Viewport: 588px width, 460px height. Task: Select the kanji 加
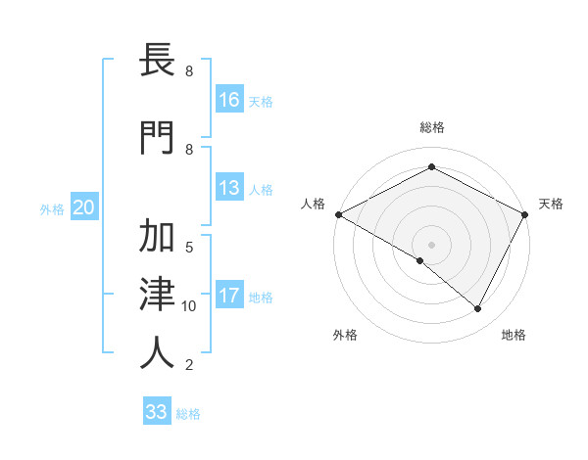157,239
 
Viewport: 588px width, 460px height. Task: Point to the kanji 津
157,295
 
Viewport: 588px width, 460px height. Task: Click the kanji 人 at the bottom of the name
157,352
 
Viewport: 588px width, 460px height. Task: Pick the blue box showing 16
229,100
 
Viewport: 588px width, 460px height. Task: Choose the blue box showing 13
229,188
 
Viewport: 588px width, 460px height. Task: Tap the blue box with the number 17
229,296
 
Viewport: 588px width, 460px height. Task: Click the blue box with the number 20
84,207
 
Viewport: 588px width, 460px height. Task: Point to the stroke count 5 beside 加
189,247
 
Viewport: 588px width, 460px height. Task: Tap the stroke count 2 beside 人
188,365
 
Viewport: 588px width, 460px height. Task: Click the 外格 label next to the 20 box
52,208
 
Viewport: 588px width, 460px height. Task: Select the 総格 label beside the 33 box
188,414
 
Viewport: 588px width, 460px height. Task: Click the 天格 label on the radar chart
551,204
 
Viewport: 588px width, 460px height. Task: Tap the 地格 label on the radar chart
514,335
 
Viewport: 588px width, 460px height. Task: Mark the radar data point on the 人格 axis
338,214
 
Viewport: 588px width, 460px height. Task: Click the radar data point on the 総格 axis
431,167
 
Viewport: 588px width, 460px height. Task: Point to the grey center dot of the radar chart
431,244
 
